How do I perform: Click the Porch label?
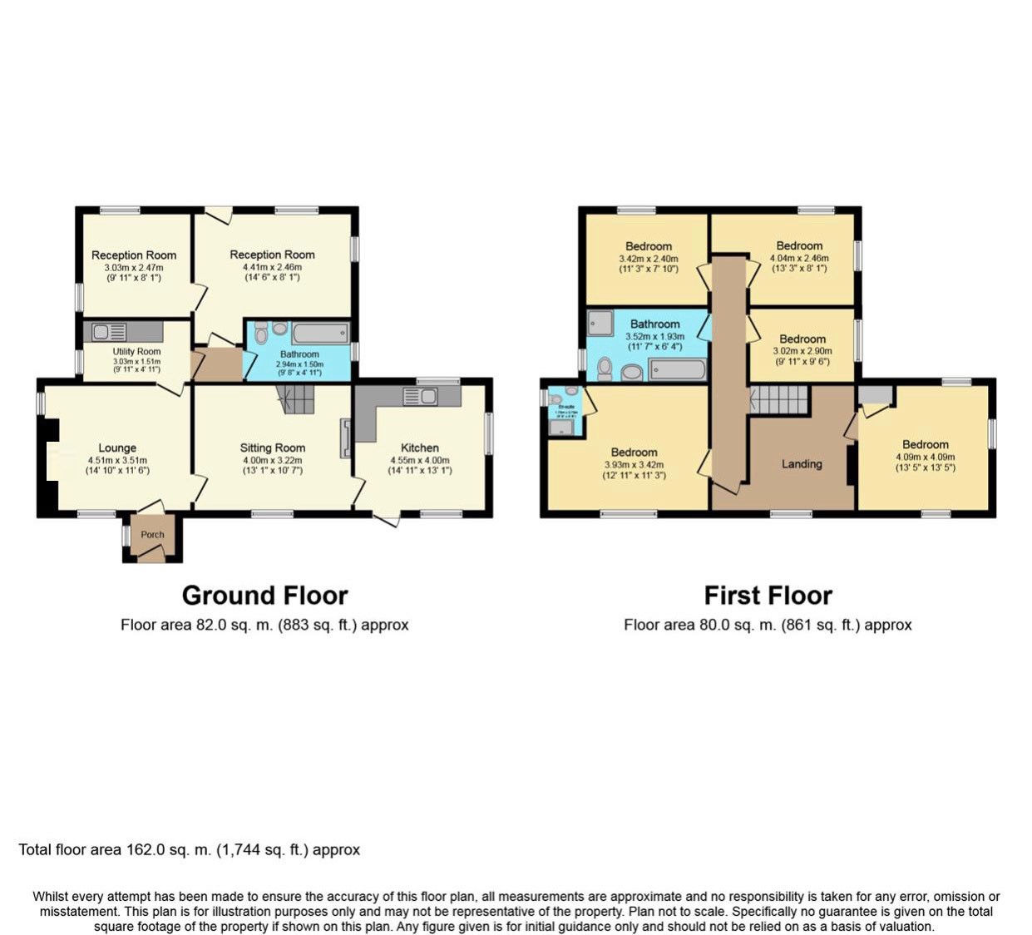pyautogui.click(x=152, y=535)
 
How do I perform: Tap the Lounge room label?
pyautogui.click(x=117, y=448)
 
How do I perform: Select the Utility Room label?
pyautogui.click(x=136, y=352)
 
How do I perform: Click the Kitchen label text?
pyautogui.click(x=419, y=448)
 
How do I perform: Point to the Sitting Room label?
pyautogui.click(x=272, y=448)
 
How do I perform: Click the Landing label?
pyautogui.click(x=802, y=464)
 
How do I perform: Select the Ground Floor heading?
pyautogui.click(x=264, y=596)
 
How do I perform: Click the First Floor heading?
pyautogui.click(x=768, y=596)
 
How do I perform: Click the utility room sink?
pyautogui.click(x=110, y=332)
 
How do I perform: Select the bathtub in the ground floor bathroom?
pyautogui.click(x=320, y=334)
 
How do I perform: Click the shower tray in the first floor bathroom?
pyautogui.click(x=600, y=323)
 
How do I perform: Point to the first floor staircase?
pyautogui.click(x=779, y=399)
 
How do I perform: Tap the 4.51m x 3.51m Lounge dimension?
pyautogui.click(x=117, y=460)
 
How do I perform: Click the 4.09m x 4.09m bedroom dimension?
pyautogui.click(x=925, y=457)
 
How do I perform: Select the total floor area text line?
pyautogui.click(x=190, y=850)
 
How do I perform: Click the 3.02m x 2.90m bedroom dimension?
pyautogui.click(x=802, y=351)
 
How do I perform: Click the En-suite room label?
pyautogui.click(x=565, y=407)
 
